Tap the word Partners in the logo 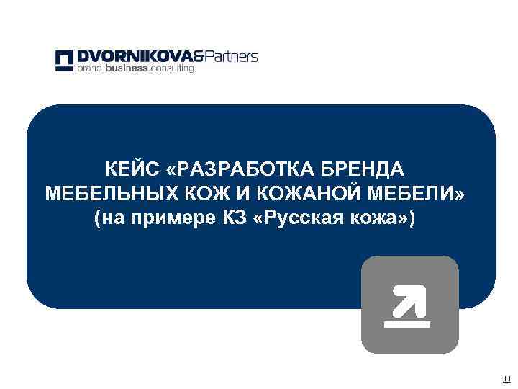pos(232,56)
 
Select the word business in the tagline pos(127,68)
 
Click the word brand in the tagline pos(91,68)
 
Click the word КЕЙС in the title pos(132,170)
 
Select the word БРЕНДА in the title pos(363,170)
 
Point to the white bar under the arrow pos(407,323)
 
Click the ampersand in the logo pos(199,56)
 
